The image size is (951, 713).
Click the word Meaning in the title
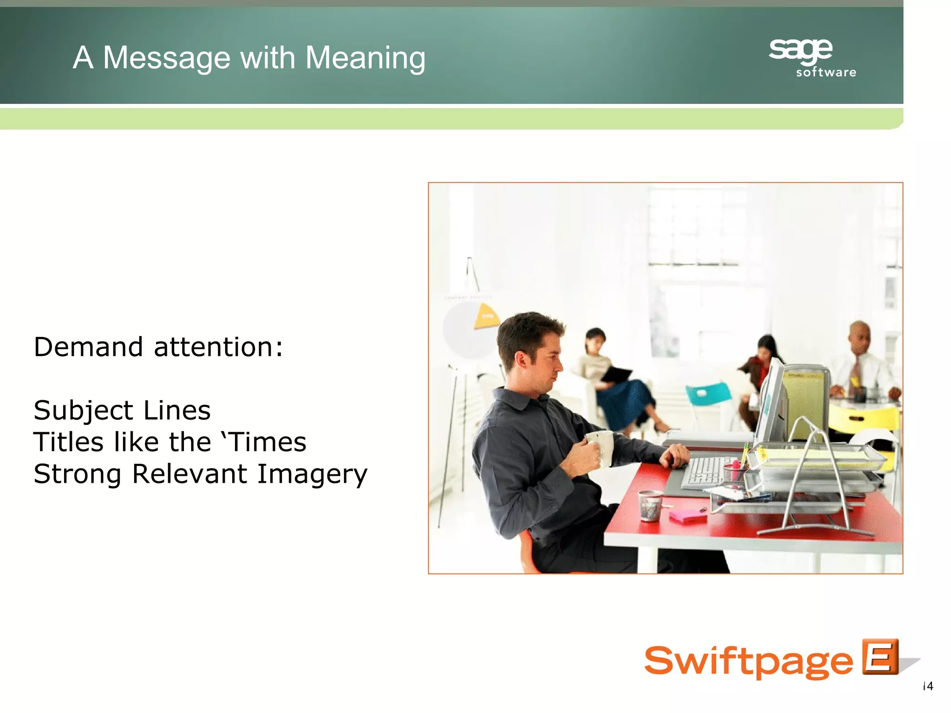click(x=365, y=58)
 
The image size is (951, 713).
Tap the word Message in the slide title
click(x=167, y=58)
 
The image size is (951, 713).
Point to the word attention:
click(x=218, y=347)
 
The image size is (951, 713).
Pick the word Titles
click(x=68, y=442)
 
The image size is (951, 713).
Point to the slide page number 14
click(x=928, y=686)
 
